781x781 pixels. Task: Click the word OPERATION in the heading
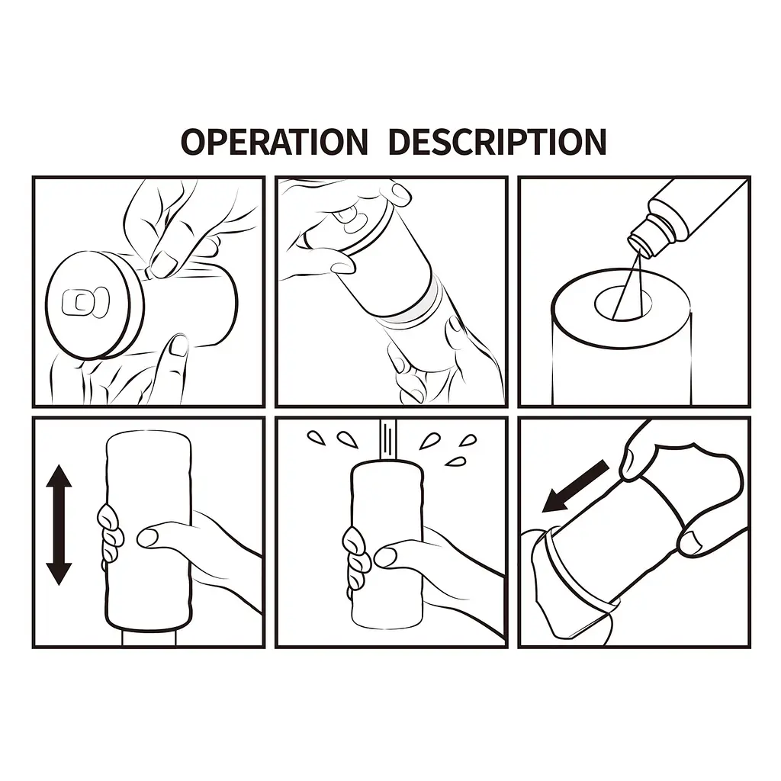point(274,141)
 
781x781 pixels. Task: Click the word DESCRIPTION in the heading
point(497,141)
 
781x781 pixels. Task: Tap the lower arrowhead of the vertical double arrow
point(59,574)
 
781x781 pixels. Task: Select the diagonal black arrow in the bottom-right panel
point(576,486)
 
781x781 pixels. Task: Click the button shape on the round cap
point(84,302)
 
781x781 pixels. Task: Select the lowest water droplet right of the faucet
point(454,462)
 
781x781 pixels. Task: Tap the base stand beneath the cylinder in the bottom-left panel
point(149,638)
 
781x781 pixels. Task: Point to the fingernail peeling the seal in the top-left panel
point(162,263)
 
